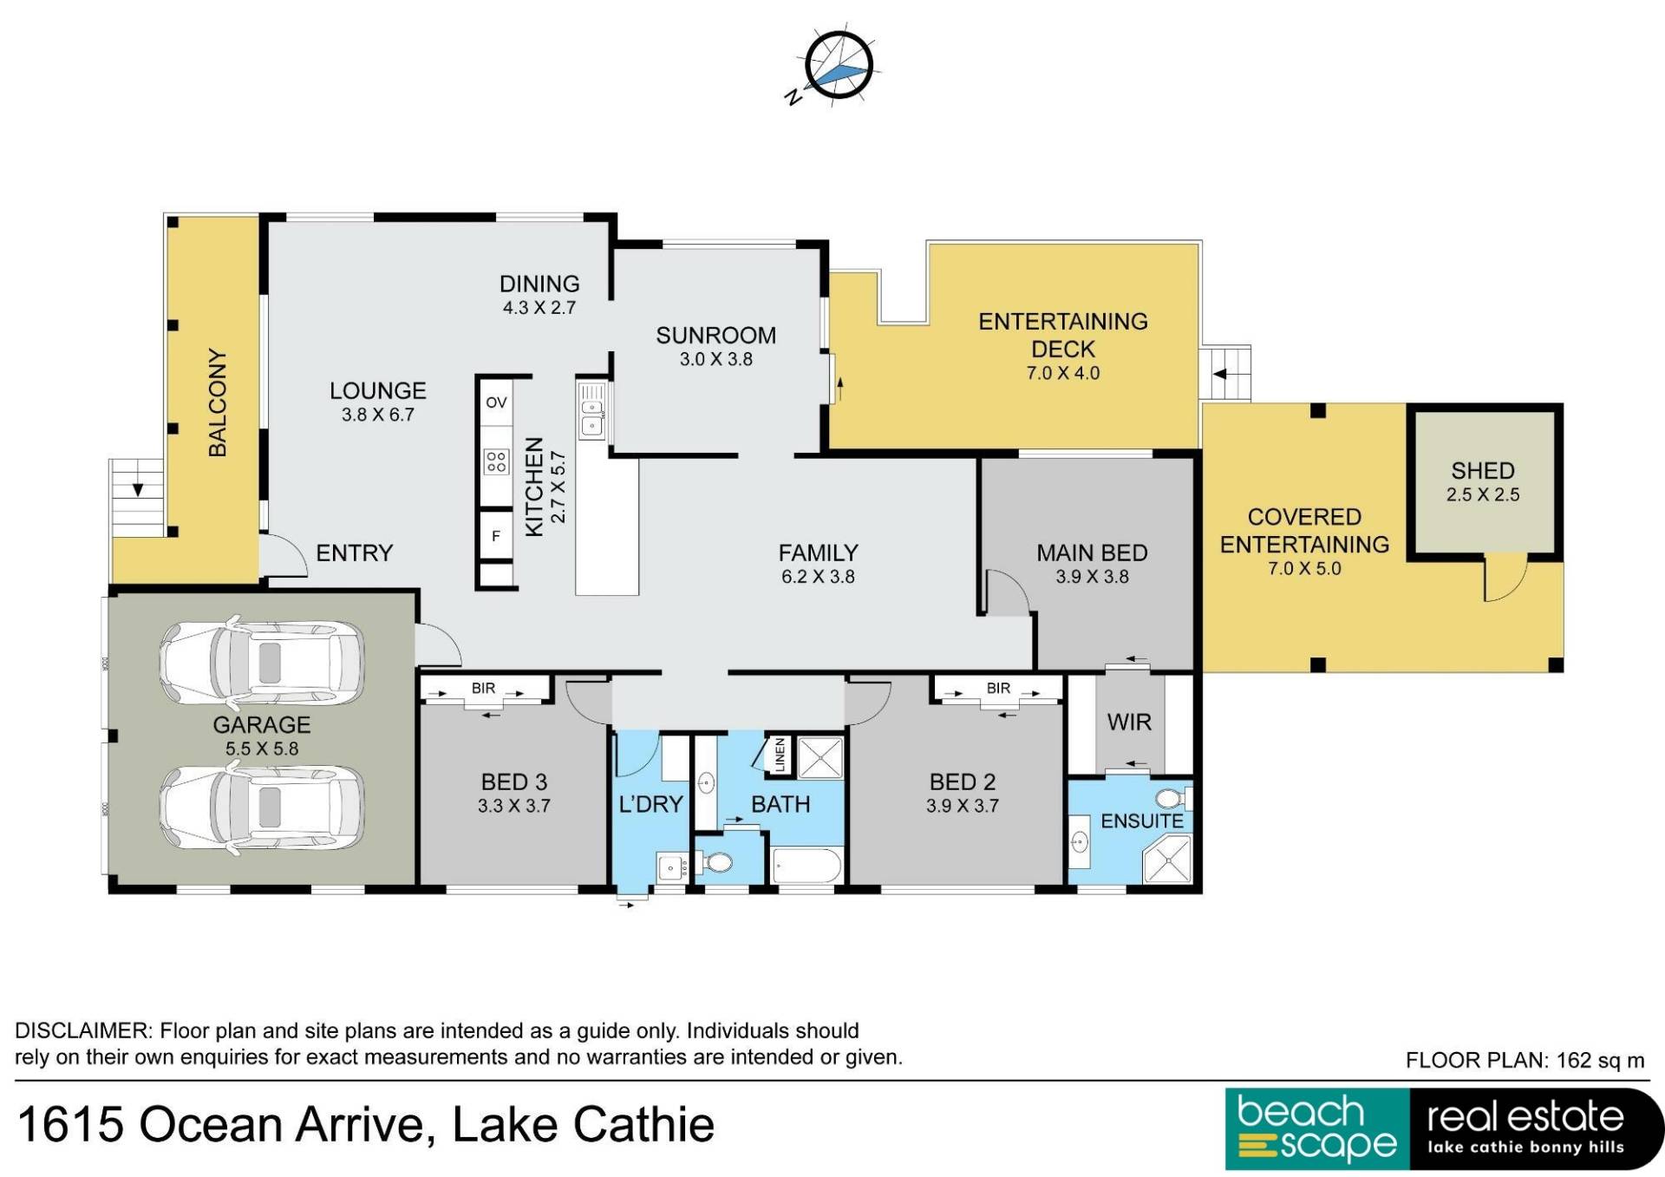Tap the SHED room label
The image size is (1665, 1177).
(x=1482, y=470)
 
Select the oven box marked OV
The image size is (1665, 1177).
(x=496, y=402)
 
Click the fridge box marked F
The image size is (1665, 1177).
(x=496, y=536)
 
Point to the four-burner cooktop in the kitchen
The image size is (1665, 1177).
(x=496, y=461)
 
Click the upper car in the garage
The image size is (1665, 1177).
(x=261, y=662)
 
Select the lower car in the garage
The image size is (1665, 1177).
(x=261, y=808)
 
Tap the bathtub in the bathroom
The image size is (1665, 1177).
(x=806, y=866)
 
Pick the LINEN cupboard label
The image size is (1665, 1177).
(x=779, y=755)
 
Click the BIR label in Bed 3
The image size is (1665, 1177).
(x=483, y=688)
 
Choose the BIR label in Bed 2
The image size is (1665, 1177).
(x=998, y=688)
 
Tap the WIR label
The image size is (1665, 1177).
(x=1129, y=722)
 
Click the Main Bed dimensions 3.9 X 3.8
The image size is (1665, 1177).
(x=1092, y=577)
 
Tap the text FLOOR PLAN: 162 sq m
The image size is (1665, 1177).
(x=1525, y=1060)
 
